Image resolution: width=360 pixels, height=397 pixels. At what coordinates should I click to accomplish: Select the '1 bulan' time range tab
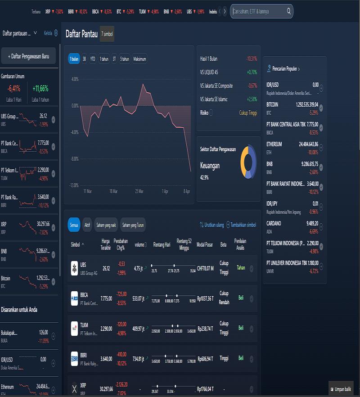[74, 59]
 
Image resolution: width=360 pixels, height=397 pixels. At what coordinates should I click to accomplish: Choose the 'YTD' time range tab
[93, 59]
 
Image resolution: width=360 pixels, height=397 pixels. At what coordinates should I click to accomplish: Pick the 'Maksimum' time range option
[139, 59]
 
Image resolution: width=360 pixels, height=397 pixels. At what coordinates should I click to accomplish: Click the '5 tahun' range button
[125, 59]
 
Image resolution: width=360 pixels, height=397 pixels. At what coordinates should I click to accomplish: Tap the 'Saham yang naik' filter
[106, 225]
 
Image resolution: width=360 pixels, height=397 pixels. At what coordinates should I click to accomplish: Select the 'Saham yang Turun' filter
[133, 225]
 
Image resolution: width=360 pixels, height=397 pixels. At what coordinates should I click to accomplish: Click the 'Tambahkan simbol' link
[241, 225]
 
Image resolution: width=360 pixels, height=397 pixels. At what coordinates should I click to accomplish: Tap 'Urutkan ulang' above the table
[211, 225]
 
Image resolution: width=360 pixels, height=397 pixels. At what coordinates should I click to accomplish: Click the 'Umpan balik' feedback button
[341, 388]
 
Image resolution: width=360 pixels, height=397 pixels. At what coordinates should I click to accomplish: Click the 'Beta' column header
[223, 244]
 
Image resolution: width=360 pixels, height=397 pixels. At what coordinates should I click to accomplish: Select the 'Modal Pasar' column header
[205, 244]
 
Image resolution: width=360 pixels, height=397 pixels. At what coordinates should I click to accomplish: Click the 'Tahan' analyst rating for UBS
[241, 267]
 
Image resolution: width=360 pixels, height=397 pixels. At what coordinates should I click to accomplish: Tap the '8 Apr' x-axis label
[187, 191]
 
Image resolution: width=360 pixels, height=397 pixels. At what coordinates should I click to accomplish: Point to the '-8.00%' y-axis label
[74, 158]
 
